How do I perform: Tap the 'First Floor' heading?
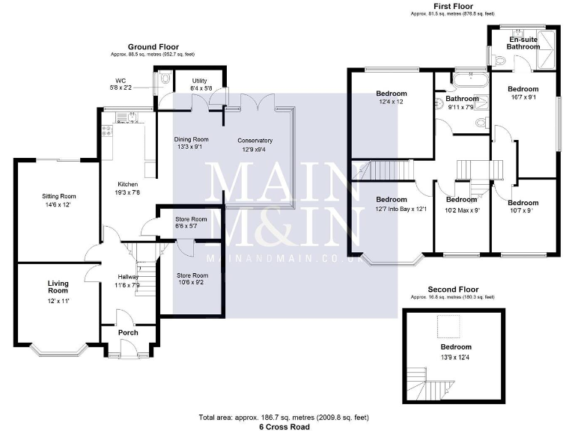point(453,6)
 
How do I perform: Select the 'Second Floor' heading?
point(453,290)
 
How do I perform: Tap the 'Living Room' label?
point(58,287)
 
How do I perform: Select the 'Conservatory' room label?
point(255,141)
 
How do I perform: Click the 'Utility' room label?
point(199,80)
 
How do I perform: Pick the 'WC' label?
point(120,80)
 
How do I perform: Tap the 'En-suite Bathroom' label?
point(523,43)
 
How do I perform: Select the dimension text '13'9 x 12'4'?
point(455,357)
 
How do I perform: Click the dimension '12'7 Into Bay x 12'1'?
point(391,209)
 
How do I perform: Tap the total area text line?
point(283,416)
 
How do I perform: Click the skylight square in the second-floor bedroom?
point(448,326)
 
